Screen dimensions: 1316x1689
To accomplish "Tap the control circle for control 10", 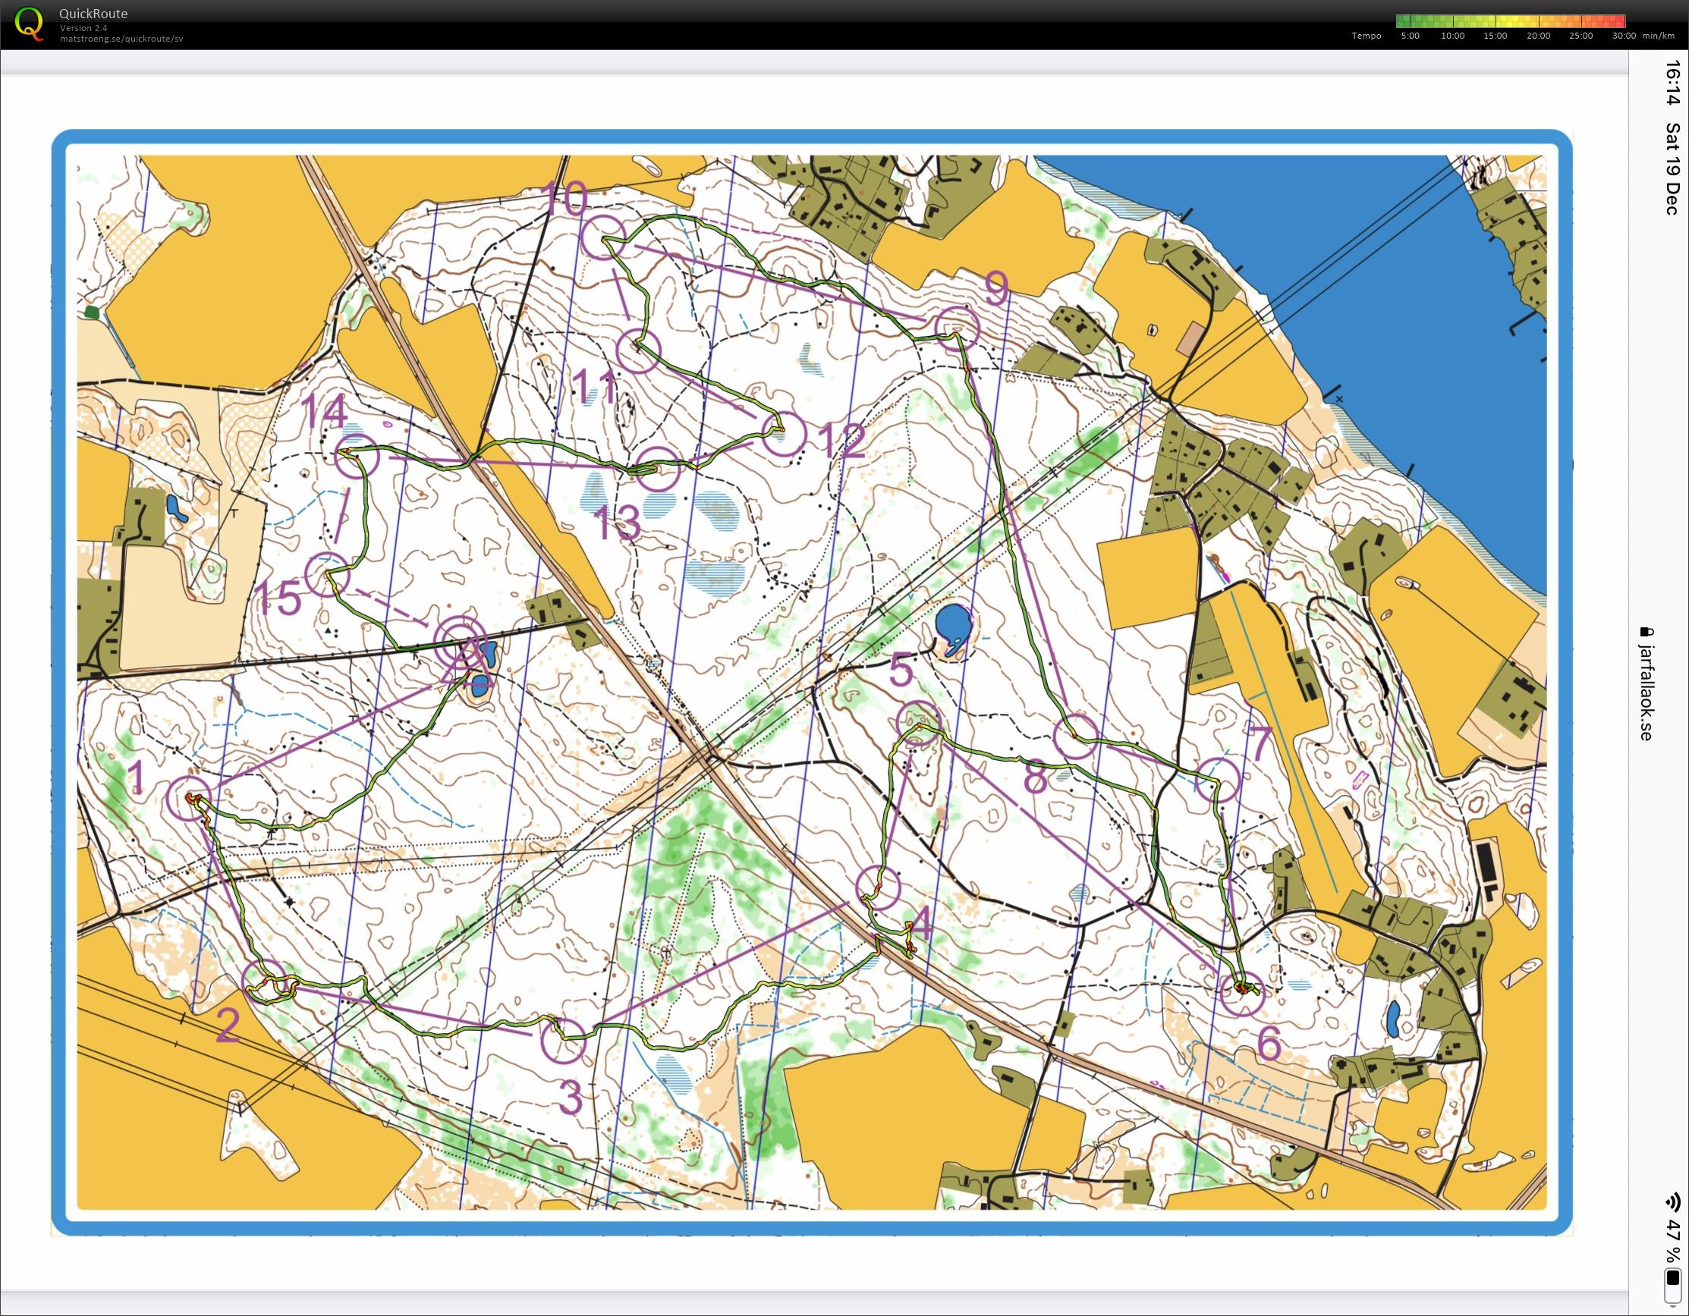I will (x=602, y=237).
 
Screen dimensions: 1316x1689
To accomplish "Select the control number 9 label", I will (x=997, y=289).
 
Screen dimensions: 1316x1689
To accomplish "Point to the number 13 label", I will (x=618, y=523).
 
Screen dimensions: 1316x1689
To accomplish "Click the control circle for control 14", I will (x=357, y=456).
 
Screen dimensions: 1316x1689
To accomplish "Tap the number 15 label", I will (x=278, y=598).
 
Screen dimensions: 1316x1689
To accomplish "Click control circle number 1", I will (x=189, y=799).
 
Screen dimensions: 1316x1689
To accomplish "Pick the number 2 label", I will (x=227, y=1026).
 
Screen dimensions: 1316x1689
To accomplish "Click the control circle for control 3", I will (x=563, y=1041).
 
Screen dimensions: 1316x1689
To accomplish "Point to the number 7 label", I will (x=1260, y=743).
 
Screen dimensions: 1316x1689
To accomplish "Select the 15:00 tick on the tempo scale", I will (x=1495, y=36).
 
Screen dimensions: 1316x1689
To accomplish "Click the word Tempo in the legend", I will (x=1367, y=36).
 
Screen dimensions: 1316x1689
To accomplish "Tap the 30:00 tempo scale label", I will (x=1623, y=36).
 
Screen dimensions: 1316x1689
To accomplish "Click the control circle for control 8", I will (x=1076, y=737).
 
